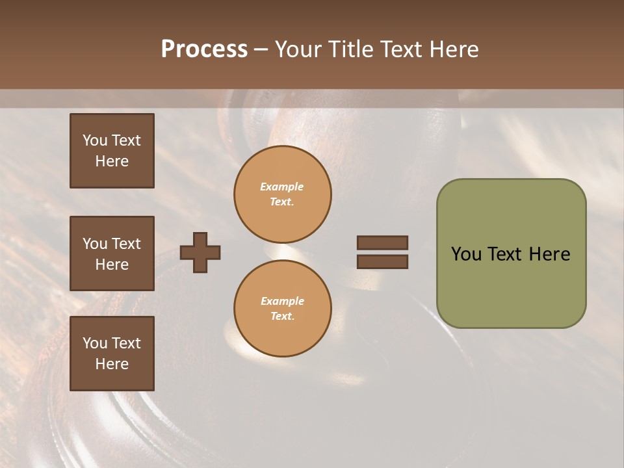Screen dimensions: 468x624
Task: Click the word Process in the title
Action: pos(204,49)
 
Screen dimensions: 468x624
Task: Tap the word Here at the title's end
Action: pos(451,49)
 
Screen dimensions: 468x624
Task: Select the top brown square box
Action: pos(112,151)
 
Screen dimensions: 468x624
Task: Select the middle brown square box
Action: pos(112,253)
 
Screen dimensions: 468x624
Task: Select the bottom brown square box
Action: pos(112,354)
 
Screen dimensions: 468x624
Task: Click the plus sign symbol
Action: pos(200,252)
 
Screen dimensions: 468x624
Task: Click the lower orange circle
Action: pos(283,309)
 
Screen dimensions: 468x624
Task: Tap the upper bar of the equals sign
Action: pos(382,243)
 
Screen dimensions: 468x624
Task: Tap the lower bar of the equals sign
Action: pos(382,262)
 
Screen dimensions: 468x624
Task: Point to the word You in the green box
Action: pos(465,254)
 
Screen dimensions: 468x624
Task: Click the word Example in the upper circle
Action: pos(282,187)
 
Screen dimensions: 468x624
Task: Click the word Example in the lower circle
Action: pos(282,301)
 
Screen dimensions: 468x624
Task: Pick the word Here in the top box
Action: pos(112,161)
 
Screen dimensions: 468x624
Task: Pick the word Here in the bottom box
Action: pos(112,364)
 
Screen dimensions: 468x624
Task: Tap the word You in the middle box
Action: pos(95,244)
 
